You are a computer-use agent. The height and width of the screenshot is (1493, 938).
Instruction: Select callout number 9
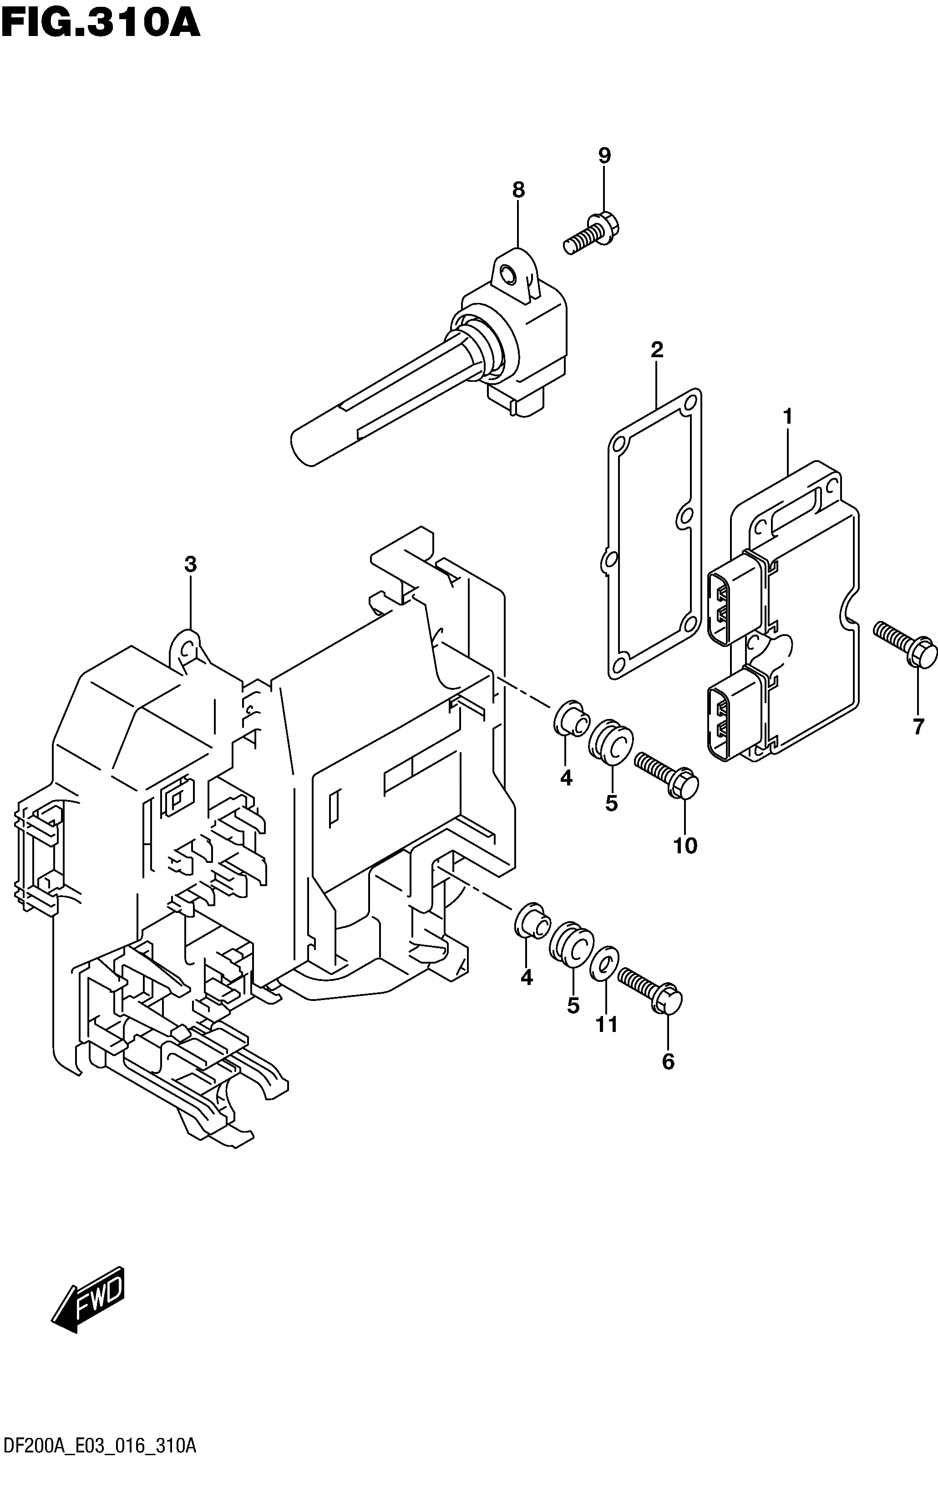[604, 155]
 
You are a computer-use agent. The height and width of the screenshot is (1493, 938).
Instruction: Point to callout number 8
[518, 190]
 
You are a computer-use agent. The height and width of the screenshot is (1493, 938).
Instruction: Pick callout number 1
[787, 417]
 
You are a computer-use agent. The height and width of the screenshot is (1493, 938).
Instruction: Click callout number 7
[918, 726]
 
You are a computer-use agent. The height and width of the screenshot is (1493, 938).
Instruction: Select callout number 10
[685, 845]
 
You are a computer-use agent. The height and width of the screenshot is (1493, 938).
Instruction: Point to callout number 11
[607, 1024]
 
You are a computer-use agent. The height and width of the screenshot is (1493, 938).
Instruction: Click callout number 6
[668, 1062]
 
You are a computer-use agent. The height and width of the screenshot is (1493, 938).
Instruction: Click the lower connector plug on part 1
[735, 713]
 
